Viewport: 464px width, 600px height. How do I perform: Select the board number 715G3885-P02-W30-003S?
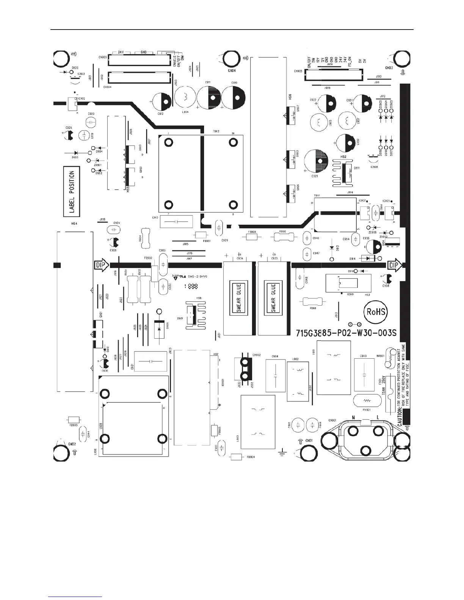coord(346,333)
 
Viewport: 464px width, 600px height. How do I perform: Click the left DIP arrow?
coord(101,265)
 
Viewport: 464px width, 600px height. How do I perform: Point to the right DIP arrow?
coord(395,265)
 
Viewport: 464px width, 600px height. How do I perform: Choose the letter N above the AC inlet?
coord(353,417)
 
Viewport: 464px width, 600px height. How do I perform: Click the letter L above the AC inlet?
coord(377,417)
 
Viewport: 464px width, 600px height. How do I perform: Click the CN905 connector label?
coord(298,71)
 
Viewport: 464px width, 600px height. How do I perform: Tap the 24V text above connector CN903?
coord(121,52)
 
